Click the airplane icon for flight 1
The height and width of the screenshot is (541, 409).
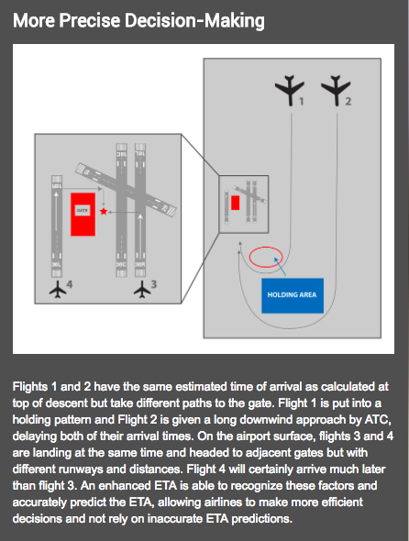290,90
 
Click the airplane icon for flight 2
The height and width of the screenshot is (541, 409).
335,90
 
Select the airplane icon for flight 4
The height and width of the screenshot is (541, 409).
60,291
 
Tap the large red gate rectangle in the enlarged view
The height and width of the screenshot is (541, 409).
83,213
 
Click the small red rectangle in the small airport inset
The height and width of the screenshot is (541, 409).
235,202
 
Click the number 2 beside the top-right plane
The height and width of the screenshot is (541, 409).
346,103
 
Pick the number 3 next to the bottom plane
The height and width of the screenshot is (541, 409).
154,285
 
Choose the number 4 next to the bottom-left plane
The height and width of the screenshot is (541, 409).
70,285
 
